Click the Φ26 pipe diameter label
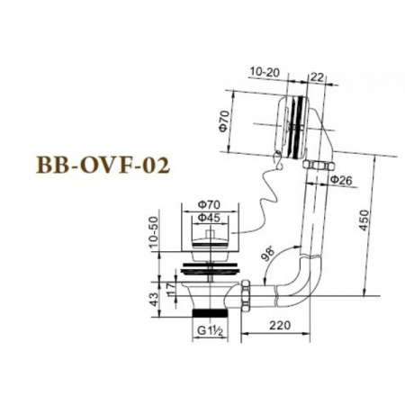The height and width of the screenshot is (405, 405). coord(339,181)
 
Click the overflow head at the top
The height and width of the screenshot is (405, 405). coord(297,121)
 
